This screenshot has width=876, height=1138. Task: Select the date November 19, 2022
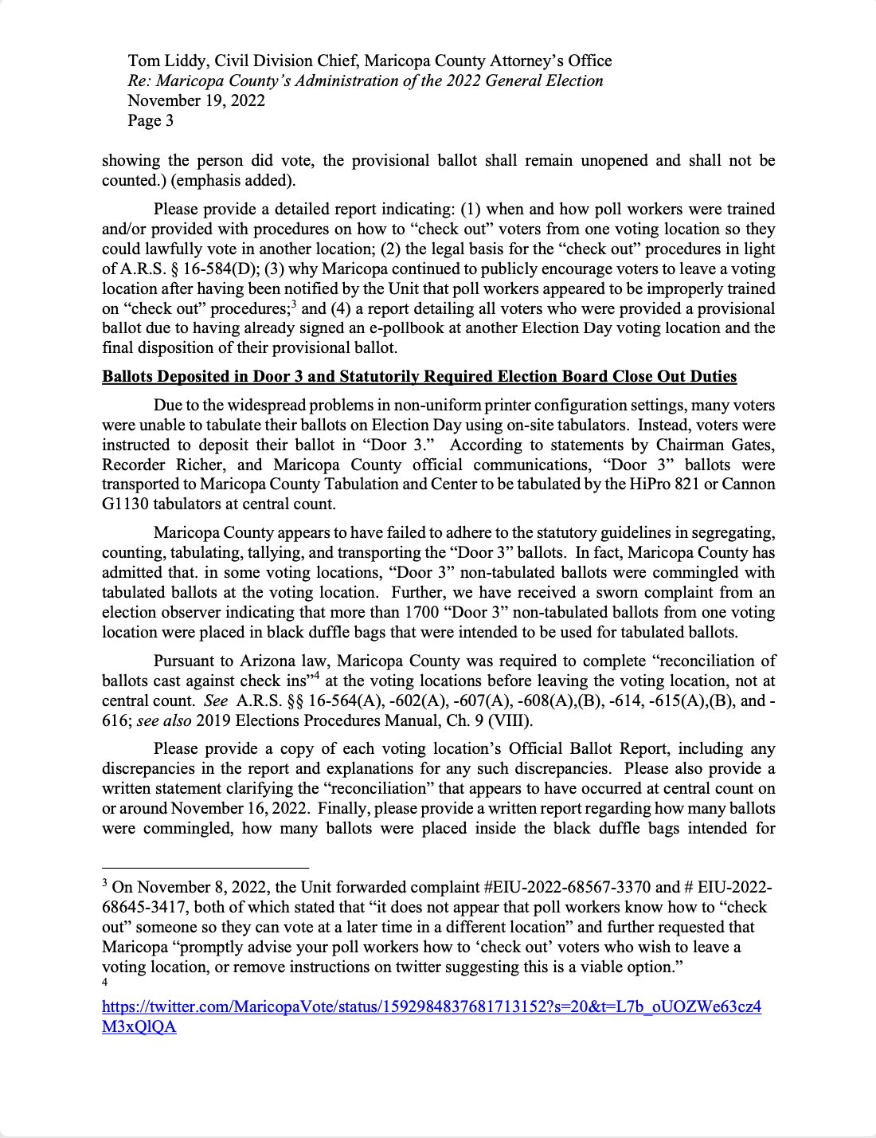[196, 100]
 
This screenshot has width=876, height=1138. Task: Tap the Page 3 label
[151, 120]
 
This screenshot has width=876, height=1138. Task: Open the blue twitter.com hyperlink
[431, 1007]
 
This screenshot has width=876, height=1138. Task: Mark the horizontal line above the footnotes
[205, 867]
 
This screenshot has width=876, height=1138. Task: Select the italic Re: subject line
[366, 80]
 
